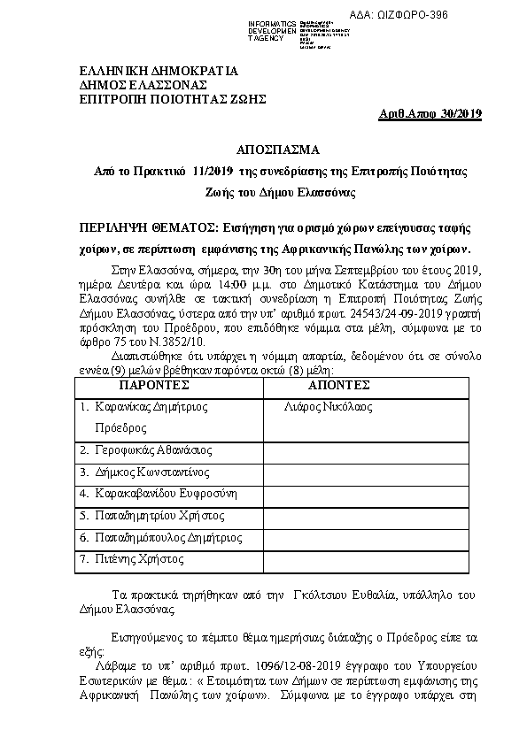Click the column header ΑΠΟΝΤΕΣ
click(x=338, y=386)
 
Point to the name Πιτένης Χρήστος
click(x=138, y=558)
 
